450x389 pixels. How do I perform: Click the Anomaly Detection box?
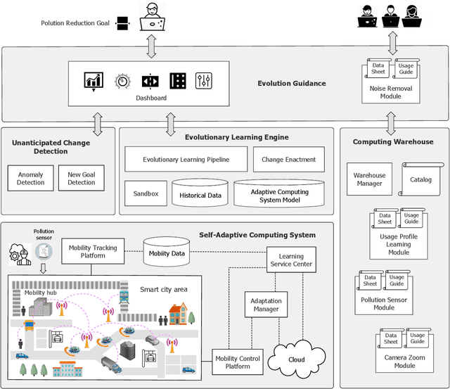coord(31,179)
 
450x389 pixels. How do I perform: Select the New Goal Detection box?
coord(82,179)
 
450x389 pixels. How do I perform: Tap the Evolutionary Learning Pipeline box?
coord(186,160)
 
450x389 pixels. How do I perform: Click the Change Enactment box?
coord(289,160)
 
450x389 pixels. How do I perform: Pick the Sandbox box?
coord(146,193)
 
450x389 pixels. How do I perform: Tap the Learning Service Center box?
coord(291,261)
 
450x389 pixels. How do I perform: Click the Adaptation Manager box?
coord(266,305)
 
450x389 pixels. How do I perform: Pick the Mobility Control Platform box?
coord(237,362)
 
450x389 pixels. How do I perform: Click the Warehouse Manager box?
coord(369,179)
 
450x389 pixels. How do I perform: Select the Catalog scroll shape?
coord(421,179)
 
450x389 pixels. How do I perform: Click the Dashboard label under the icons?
coord(151,98)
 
